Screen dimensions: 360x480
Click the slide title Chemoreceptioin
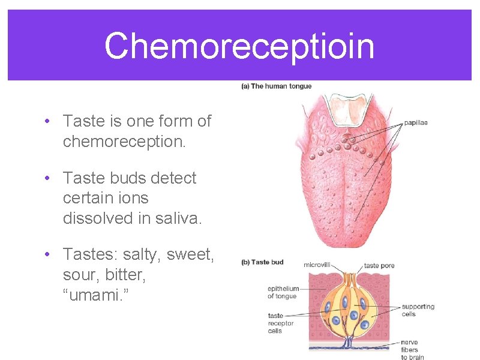[239, 46]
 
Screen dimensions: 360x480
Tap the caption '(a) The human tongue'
[277, 86]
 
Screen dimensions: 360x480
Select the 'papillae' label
[415, 123]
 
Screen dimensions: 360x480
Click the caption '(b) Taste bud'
[262, 262]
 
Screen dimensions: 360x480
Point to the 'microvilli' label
[317, 265]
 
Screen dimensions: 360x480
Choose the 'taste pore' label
[379, 265]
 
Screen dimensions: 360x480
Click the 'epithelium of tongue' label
[283, 293]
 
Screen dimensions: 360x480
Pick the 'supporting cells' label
[418, 310]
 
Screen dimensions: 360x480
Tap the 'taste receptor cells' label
[281, 323]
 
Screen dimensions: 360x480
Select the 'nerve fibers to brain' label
[413, 350]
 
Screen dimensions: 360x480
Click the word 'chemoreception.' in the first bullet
[124, 142]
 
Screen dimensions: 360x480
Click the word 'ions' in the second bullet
[133, 198]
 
